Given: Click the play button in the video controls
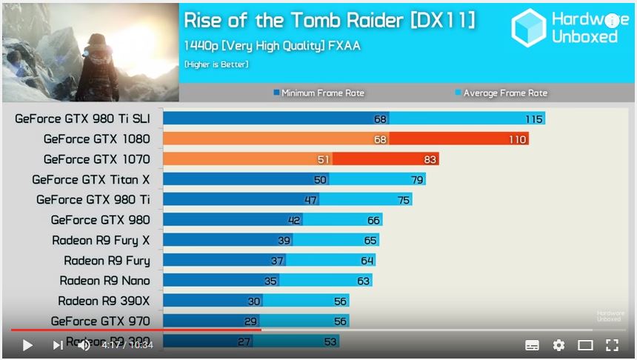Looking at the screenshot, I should (x=27, y=345).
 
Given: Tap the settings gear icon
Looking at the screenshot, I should (x=558, y=345).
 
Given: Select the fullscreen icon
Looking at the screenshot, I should (x=612, y=345).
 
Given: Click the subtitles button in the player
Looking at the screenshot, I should (x=532, y=345).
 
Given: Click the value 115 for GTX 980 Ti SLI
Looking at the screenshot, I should (x=534, y=119).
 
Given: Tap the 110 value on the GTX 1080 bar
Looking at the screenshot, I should (x=518, y=139).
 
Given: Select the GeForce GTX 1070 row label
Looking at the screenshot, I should (x=96, y=159).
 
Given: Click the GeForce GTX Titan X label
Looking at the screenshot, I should (x=90, y=179).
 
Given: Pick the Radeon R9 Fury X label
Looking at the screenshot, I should (x=101, y=240).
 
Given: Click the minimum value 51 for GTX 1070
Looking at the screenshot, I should (x=323, y=159).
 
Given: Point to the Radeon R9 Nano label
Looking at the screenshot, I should (x=104, y=281).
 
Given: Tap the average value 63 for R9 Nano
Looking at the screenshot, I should (x=363, y=281).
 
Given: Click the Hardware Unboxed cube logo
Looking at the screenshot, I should (x=529, y=28).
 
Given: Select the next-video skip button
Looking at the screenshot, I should (x=57, y=345).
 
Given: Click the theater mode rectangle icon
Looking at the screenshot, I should (x=585, y=345).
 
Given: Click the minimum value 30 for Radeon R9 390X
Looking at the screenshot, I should (x=253, y=301).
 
